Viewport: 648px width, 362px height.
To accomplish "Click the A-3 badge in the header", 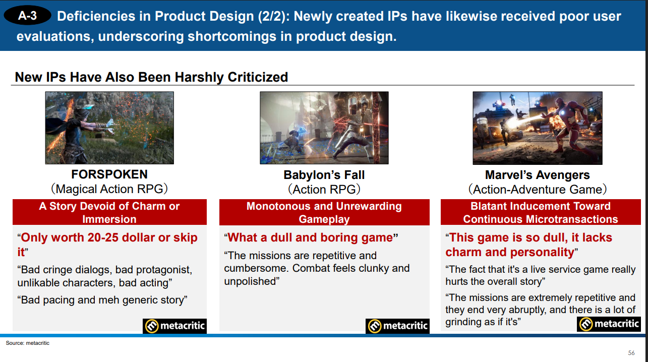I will (27, 16).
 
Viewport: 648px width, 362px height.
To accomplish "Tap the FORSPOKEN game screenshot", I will (109, 128).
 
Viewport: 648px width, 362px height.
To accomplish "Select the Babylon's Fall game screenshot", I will (324, 128).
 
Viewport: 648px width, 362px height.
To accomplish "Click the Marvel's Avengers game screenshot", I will (537, 128).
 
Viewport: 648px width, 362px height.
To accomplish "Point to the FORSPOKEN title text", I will (109, 174).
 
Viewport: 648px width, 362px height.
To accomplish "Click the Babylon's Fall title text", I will (324, 175).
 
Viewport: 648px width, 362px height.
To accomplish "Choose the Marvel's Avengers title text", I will (537, 175).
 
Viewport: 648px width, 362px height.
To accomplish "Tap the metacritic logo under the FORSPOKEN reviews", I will (175, 326).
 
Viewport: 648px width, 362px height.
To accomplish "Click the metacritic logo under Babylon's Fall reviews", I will (398, 326).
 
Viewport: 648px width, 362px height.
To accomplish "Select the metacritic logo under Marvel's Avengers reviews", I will (609, 324).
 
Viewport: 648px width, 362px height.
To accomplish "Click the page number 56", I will (631, 352).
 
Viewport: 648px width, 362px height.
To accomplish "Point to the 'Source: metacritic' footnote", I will (28, 343).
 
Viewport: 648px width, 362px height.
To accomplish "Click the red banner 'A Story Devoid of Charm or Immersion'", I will (109, 212).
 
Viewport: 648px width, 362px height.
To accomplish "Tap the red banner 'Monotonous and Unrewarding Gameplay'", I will (324, 212).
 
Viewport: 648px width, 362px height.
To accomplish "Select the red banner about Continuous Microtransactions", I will (540, 212).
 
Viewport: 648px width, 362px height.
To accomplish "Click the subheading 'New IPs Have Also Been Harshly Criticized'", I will (151, 77).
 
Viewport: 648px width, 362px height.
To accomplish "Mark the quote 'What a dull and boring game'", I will (311, 237).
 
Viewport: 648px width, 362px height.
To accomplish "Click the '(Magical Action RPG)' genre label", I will (109, 189).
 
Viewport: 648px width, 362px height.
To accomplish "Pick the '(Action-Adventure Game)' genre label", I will (537, 190).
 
